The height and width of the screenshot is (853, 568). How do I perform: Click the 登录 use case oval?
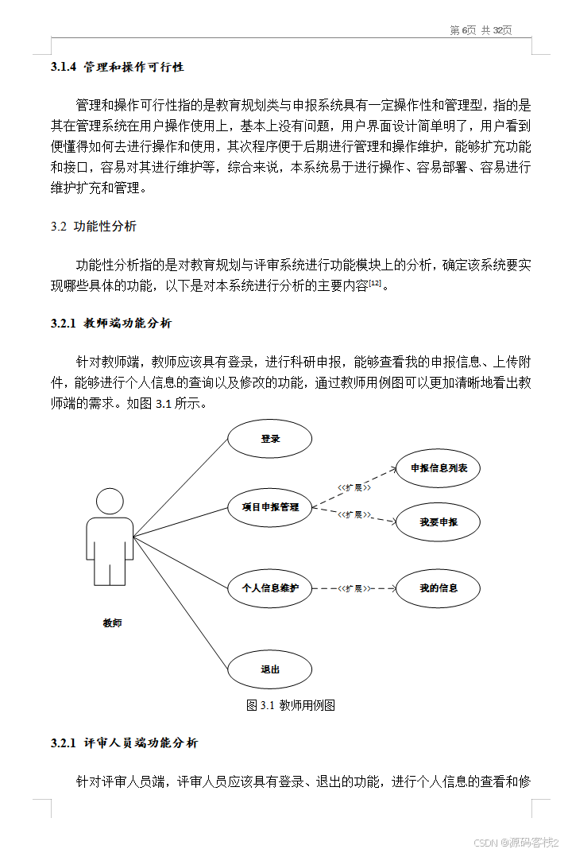click(270, 439)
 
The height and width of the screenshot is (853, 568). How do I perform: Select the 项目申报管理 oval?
click(270, 507)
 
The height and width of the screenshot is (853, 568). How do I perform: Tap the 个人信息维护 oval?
click(270, 589)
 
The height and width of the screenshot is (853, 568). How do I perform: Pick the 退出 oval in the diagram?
click(270, 669)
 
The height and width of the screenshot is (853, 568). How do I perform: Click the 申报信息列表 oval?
click(439, 468)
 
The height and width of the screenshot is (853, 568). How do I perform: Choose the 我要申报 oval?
click(439, 522)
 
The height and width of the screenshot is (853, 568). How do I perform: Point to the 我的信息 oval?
click(439, 589)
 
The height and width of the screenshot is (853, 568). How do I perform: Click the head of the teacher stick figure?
click(110, 502)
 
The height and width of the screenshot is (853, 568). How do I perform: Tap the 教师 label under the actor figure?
click(112, 623)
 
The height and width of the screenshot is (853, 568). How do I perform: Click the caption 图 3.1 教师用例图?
click(291, 705)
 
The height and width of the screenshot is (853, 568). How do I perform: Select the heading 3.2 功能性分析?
click(94, 227)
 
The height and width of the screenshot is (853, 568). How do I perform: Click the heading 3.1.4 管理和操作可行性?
click(117, 68)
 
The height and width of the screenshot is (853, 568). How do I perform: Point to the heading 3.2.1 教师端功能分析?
click(110, 324)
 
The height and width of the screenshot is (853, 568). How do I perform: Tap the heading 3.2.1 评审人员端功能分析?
click(124, 743)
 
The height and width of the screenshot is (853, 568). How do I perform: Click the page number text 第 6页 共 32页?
click(481, 30)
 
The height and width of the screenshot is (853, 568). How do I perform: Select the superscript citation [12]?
click(375, 282)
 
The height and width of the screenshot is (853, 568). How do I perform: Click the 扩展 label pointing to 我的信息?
click(354, 589)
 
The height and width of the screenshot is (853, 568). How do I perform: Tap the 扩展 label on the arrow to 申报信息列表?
click(354, 486)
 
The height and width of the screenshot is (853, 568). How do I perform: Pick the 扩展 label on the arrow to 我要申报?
click(354, 515)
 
